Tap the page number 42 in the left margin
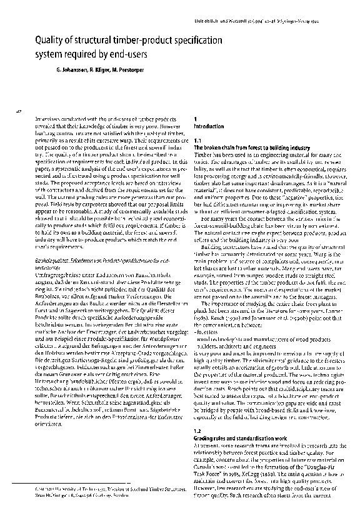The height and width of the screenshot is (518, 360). pos(18,111)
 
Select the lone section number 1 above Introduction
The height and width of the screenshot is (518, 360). pos(196,119)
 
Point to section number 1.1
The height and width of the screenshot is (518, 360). pos(197,140)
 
